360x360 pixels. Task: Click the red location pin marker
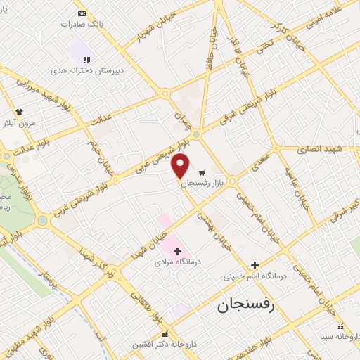click(x=181, y=166)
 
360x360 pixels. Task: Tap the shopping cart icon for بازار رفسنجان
click(x=202, y=172)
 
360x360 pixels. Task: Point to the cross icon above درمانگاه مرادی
click(x=177, y=251)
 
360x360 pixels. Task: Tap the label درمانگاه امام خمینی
click(x=255, y=276)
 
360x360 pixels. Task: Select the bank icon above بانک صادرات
click(x=82, y=13)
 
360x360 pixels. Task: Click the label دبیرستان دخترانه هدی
click(x=82, y=71)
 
